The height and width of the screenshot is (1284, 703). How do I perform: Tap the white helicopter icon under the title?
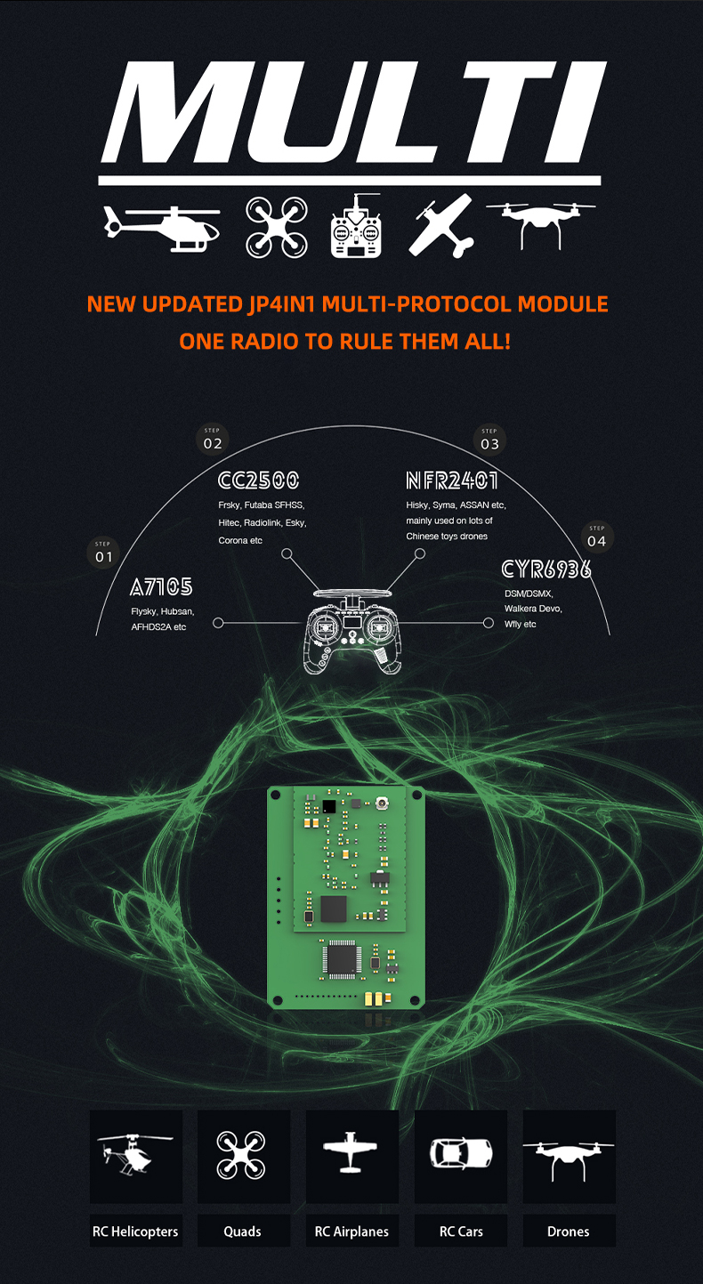click(x=161, y=228)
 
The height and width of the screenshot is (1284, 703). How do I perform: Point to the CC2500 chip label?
click(x=258, y=481)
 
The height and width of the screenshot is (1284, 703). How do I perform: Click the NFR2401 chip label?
click(x=452, y=481)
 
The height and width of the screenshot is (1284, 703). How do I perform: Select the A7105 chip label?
click(x=161, y=587)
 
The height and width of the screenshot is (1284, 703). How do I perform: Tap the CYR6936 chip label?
click(x=546, y=569)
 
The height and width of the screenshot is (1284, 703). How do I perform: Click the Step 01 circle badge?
click(x=105, y=553)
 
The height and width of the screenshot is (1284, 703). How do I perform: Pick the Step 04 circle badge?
click(x=596, y=537)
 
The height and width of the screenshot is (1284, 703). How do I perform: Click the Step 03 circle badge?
click(x=489, y=439)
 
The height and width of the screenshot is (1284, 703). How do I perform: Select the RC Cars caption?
click(x=460, y=1232)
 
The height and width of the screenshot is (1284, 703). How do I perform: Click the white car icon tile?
click(x=460, y=1154)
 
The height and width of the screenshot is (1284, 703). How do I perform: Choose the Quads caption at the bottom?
click(x=243, y=1232)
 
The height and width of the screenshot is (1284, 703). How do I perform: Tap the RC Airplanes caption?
click(x=351, y=1232)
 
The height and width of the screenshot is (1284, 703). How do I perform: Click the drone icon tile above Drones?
click(x=569, y=1156)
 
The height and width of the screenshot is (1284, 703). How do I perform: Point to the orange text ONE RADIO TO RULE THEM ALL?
click(x=345, y=341)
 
